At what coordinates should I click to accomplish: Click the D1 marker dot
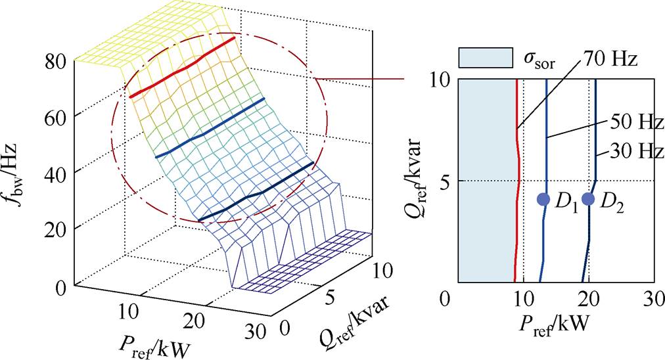pos(543,199)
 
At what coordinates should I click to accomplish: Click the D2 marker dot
pos(588,199)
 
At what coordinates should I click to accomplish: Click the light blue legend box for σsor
pos(485,58)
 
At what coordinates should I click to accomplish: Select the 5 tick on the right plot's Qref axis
pos(445,181)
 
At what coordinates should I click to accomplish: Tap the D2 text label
pos(610,203)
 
